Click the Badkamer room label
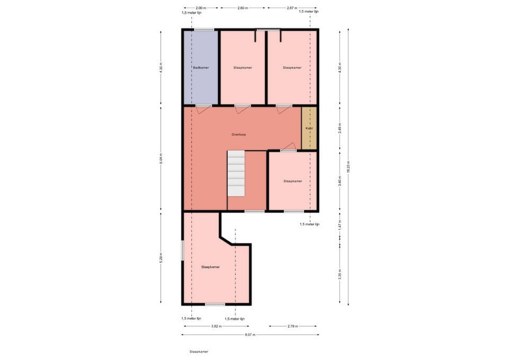201,68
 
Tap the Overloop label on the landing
239,135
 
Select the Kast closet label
309,128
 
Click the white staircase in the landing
236,173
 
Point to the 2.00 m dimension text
200,8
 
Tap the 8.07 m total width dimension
249,335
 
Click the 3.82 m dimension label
215,326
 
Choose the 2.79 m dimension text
293,326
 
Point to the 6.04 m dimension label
161,158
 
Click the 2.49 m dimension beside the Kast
340,128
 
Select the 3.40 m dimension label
340,181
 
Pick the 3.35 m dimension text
340,274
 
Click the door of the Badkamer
203,108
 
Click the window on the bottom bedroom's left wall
182,251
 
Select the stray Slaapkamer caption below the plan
199,352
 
